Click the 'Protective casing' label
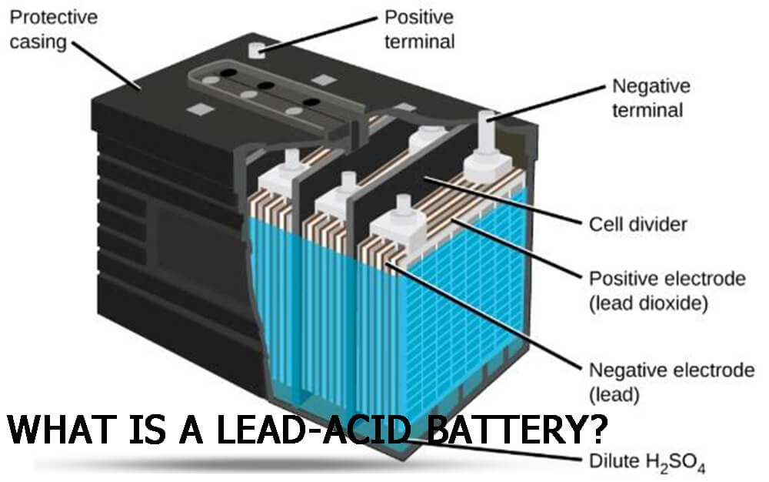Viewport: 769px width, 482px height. coord(54,29)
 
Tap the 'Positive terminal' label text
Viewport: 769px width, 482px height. coord(419,29)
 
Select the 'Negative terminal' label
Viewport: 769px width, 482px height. coord(651,98)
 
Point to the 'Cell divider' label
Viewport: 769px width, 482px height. coord(638,224)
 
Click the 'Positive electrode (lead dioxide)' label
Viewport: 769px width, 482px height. coord(667,290)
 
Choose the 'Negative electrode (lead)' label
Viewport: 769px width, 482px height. coord(671,382)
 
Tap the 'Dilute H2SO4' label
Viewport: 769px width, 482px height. coord(647,463)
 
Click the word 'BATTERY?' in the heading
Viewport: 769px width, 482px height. coord(517,430)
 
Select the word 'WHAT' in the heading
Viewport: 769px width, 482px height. coord(59,430)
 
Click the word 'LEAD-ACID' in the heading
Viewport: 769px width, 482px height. coord(313,430)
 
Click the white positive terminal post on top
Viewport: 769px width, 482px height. coord(257,50)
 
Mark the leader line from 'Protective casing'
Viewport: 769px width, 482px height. coord(107,65)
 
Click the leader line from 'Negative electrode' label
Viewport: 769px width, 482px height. coord(484,316)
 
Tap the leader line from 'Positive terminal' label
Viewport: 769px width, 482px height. coord(318,33)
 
